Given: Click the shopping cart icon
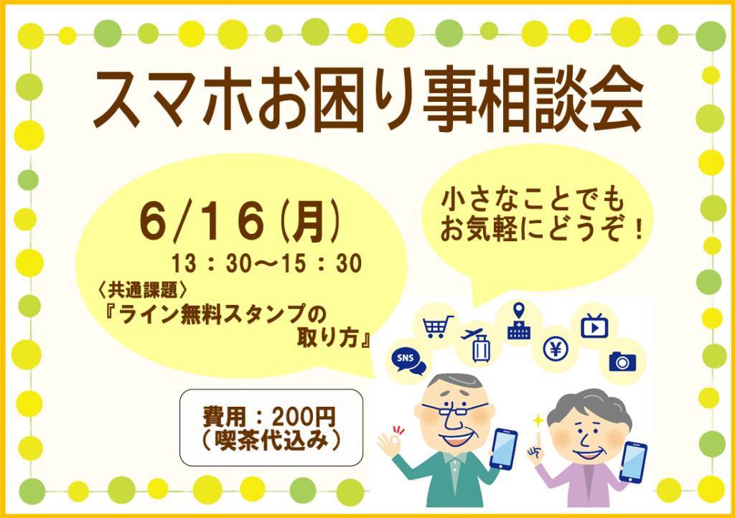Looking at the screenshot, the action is (438, 326).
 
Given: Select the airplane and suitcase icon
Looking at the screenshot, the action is (477, 344).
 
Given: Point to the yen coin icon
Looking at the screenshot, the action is (556, 349).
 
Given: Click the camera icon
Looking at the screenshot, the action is (622, 362).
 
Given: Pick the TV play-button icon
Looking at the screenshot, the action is (594, 326).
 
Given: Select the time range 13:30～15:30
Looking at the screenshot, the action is (266, 263).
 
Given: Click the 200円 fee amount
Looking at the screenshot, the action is (304, 417).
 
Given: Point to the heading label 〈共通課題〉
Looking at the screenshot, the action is (143, 291).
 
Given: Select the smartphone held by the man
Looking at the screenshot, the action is (503, 448).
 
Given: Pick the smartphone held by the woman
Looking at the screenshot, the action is (633, 462).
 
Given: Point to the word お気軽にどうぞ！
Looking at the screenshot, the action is (541, 230).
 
